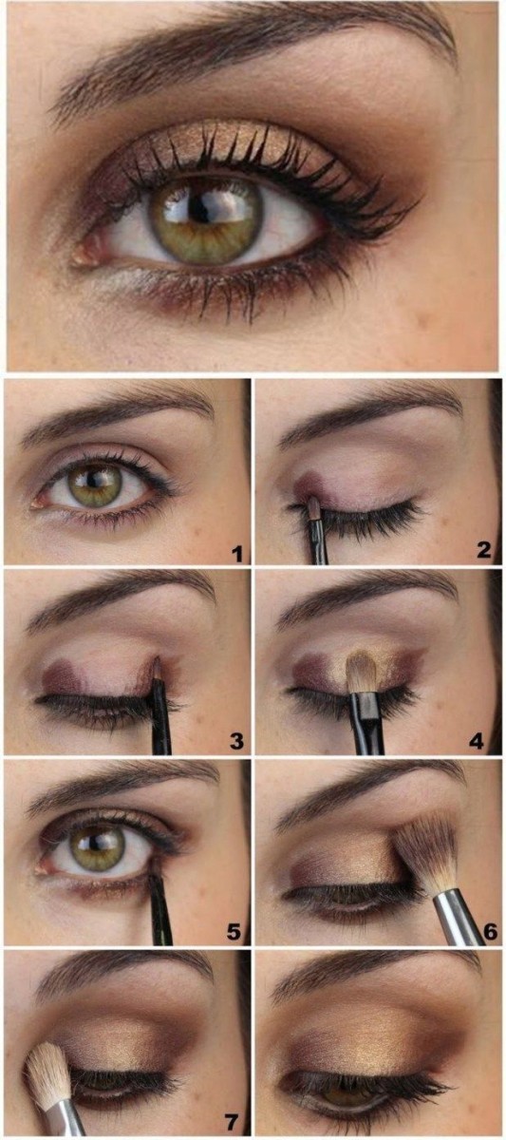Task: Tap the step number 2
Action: (x=485, y=550)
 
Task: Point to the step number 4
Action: (x=485, y=741)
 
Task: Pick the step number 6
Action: (x=490, y=931)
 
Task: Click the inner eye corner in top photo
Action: (x=90, y=249)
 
